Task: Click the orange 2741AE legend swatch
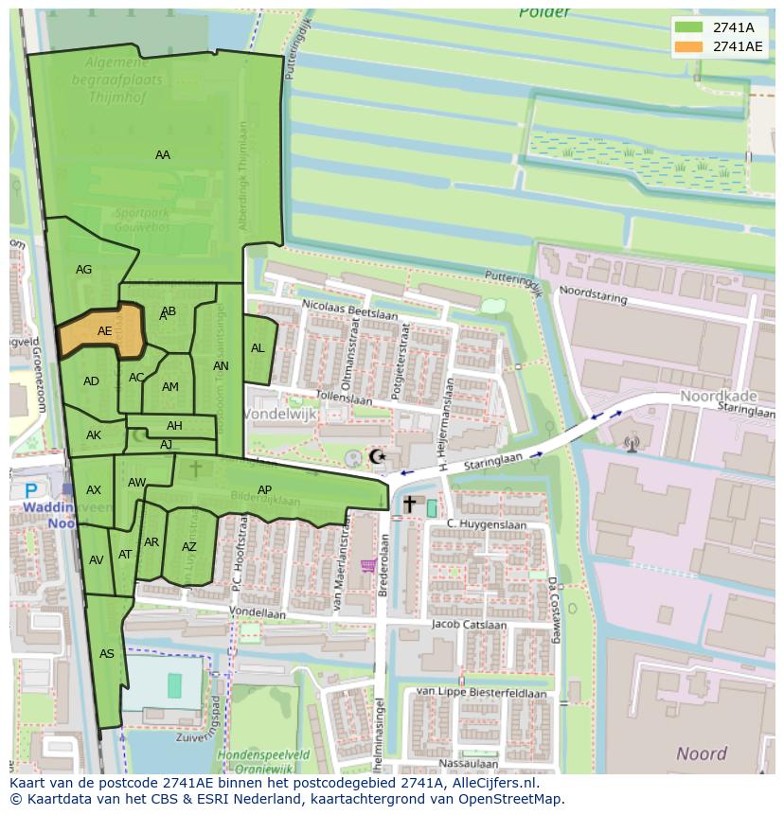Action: (x=689, y=46)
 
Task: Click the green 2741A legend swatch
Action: (x=689, y=27)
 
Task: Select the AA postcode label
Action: (x=163, y=155)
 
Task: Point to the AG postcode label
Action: (x=84, y=270)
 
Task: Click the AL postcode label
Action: (x=258, y=348)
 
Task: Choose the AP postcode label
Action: (x=265, y=489)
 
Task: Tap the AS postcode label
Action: (x=107, y=654)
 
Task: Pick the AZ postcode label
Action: (x=189, y=547)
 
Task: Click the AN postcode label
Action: (x=221, y=366)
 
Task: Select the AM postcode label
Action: (x=170, y=387)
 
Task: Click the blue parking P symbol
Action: (x=31, y=490)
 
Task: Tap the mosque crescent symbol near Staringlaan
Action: (x=377, y=456)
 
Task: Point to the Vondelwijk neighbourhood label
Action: (x=280, y=415)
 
